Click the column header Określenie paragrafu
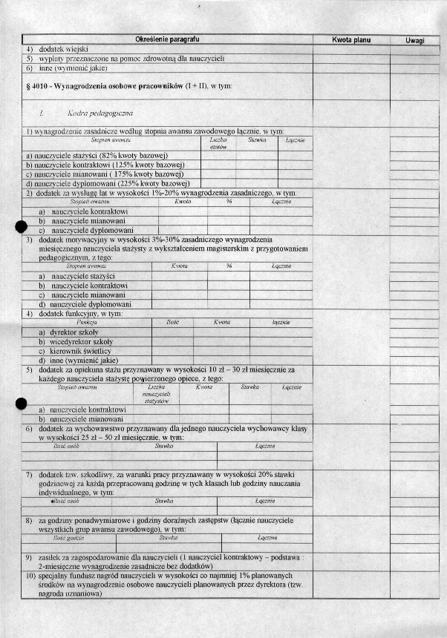coord(167,38)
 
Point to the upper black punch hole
coord(22,228)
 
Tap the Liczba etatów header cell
coord(218,143)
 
